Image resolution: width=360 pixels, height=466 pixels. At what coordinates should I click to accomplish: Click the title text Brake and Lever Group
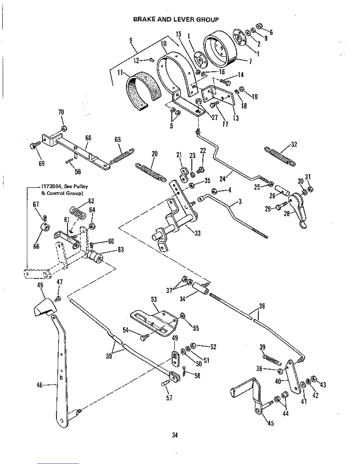(x=176, y=20)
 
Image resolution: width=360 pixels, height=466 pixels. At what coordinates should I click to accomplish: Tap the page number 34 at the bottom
(x=175, y=435)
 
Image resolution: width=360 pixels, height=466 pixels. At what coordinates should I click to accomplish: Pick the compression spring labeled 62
(x=78, y=212)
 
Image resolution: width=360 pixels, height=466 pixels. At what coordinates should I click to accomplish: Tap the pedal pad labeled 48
(x=44, y=307)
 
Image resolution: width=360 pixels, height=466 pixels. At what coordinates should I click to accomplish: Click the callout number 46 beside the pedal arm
(x=40, y=385)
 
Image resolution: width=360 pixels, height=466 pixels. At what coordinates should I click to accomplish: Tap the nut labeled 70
(x=64, y=128)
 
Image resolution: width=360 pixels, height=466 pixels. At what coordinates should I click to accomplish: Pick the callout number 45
(x=271, y=423)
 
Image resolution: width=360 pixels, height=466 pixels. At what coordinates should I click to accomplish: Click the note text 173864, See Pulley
(x=65, y=186)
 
